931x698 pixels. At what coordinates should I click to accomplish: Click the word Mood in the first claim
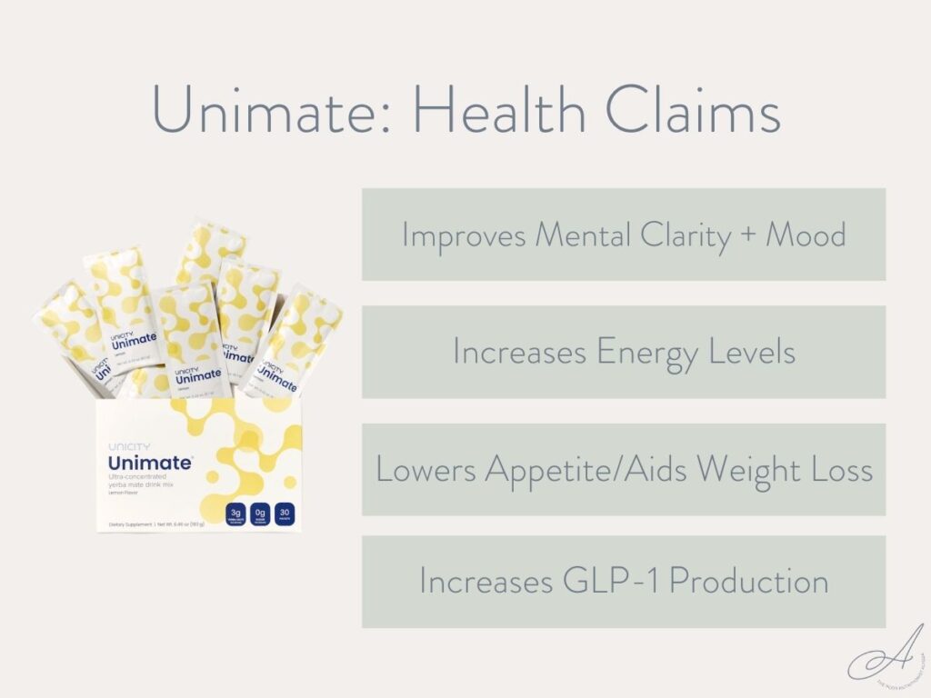tap(806, 235)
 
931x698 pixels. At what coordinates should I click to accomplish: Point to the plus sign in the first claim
tap(746, 236)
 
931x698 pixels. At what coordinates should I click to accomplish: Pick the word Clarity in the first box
tap(673, 235)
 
